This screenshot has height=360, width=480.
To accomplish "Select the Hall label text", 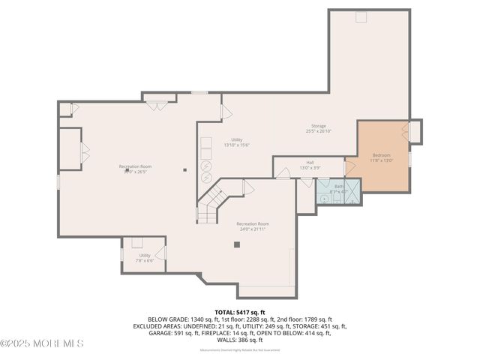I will tap(310, 165).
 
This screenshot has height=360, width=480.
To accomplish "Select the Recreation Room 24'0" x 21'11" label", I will tap(253, 226).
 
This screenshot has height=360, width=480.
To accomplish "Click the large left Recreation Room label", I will tap(135, 169).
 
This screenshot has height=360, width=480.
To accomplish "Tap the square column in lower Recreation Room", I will tap(237, 244).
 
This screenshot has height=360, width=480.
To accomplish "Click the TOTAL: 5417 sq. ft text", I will tap(240, 312).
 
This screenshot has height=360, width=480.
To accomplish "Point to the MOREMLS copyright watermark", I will tap(42, 343).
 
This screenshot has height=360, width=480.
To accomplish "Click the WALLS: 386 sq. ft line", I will tap(240, 340).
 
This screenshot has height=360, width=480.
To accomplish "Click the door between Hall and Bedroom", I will tap(349, 166).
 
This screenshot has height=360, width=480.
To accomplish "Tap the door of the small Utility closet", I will tap(160, 253).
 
